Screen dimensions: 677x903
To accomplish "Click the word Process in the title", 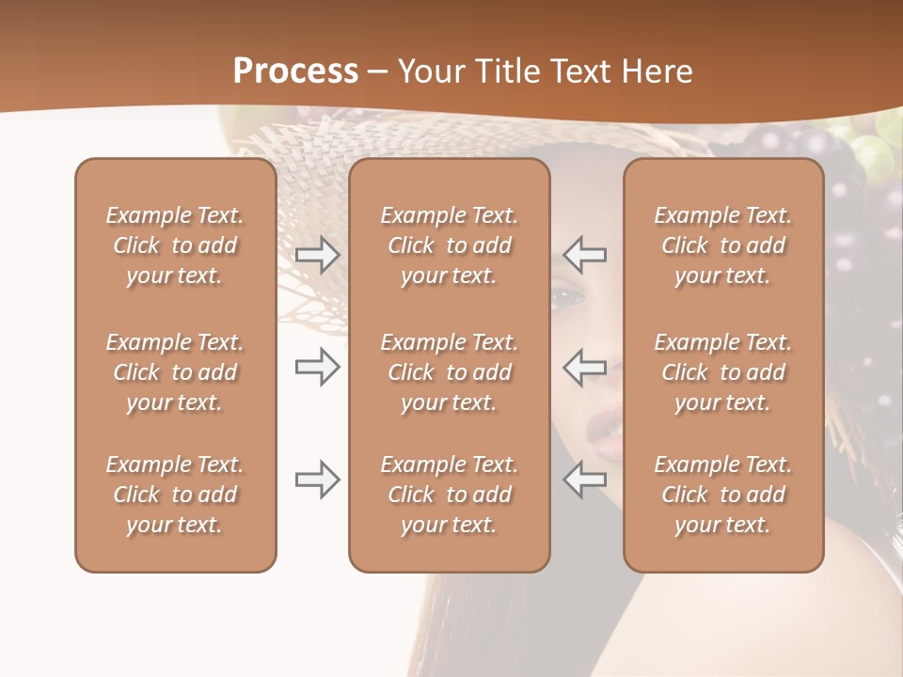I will (295, 71).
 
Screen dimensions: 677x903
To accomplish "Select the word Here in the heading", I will (655, 71).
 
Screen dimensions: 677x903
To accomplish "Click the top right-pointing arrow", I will (317, 255).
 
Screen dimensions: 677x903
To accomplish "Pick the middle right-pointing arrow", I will (317, 367).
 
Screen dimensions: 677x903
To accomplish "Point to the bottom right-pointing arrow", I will (317, 480).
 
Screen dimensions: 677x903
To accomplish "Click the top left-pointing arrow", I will (585, 255).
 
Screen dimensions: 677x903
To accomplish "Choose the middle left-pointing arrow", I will (585, 367).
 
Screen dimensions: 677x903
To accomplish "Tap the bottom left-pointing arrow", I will (585, 480).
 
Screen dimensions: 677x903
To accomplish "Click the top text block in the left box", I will (175, 245).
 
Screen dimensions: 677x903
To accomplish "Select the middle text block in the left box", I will (175, 372).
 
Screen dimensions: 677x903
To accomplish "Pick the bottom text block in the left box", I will (175, 495).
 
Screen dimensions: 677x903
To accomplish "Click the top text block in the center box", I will (449, 245).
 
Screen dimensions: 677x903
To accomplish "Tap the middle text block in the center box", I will (449, 372).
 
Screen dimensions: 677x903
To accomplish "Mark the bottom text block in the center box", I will (449, 495).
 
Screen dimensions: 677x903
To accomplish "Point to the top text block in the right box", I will (723, 245).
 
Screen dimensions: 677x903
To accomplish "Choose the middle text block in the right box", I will (723, 372).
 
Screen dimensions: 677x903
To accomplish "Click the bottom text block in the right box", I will (723, 495).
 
